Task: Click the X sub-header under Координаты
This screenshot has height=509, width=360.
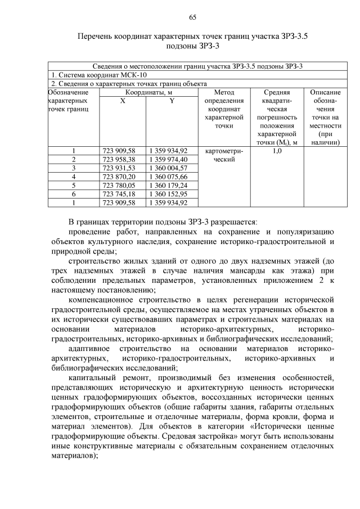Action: pos(123,100)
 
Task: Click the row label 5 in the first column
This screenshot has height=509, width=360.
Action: pos(74,185)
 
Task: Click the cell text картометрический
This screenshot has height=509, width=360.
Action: pos(224,155)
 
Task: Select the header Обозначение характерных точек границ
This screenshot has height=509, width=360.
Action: pos(69,100)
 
